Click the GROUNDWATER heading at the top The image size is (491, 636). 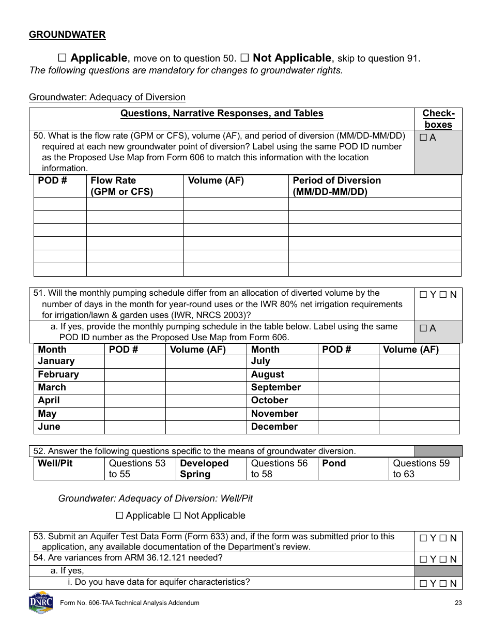pyautogui.click(x=67, y=35)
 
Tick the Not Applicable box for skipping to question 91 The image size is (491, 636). pyautogui.click(x=244, y=58)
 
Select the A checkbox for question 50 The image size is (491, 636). pyautogui.click(x=423, y=138)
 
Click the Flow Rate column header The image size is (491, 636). pyautogui.click(x=121, y=186)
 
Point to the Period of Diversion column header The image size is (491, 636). pyautogui.click(x=336, y=186)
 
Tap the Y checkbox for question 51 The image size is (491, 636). pyautogui.click(x=423, y=295)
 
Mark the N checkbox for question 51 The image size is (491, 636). pyautogui.click(x=443, y=295)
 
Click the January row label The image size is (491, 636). pyautogui.click(x=56, y=361)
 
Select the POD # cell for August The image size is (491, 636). pyautogui.click(x=348, y=375)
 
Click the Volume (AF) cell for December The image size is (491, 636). pyautogui.click(x=419, y=427)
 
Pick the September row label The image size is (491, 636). pyautogui.click(x=275, y=388)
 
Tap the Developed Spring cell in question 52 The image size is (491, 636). pyautogui.click(x=204, y=469)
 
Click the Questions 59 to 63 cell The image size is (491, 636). pyautogui.click(x=421, y=469)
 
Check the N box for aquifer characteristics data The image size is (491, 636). pyautogui.click(x=443, y=584)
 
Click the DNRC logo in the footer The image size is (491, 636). pyautogui.click(x=41, y=603)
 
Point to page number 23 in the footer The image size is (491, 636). pyautogui.click(x=458, y=603)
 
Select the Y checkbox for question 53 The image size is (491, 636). pyautogui.click(x=423, y=538)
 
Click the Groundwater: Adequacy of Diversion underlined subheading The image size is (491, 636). pyautogui.click(x=107, y=97)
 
